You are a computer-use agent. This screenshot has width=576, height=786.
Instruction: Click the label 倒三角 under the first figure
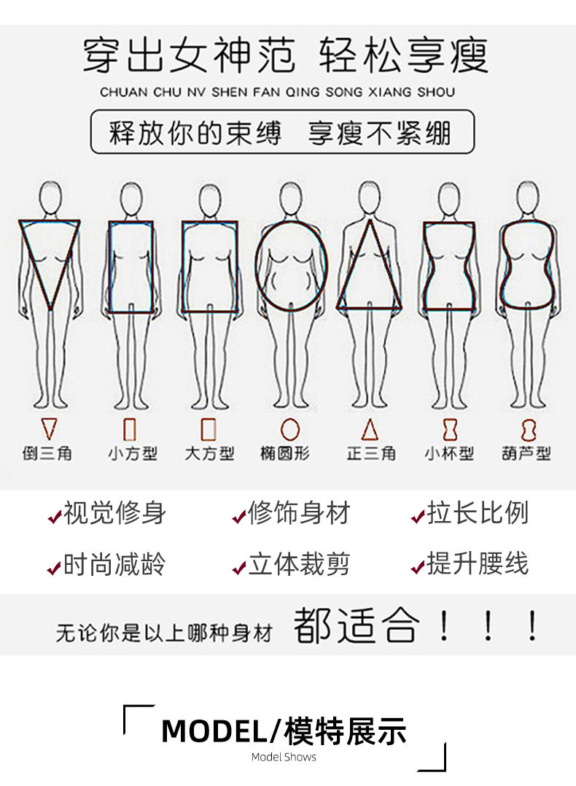pos(47,453)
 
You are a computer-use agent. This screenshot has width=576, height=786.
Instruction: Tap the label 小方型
pos(133,453)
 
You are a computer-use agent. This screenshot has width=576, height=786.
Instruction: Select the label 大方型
pos(209,453)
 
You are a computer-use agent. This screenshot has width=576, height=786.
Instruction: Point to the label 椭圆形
pos(285,453)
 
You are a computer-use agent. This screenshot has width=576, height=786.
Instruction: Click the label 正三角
pos(371,453)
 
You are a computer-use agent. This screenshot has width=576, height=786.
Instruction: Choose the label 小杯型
pos(449,453)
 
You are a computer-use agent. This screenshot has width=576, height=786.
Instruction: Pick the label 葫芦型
pos(526,453)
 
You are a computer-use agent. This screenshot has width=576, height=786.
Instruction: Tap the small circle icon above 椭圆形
pos(290,430)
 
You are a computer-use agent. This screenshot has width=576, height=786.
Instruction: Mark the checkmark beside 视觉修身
pos(54,516)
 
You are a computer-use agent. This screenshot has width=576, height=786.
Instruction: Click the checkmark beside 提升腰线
pos(418,568)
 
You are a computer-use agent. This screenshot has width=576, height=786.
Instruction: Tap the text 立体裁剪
pos(298,564)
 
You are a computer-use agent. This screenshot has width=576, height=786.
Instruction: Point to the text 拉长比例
pos(478,512)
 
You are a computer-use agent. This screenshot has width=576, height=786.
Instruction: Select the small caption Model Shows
pos(284,757)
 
